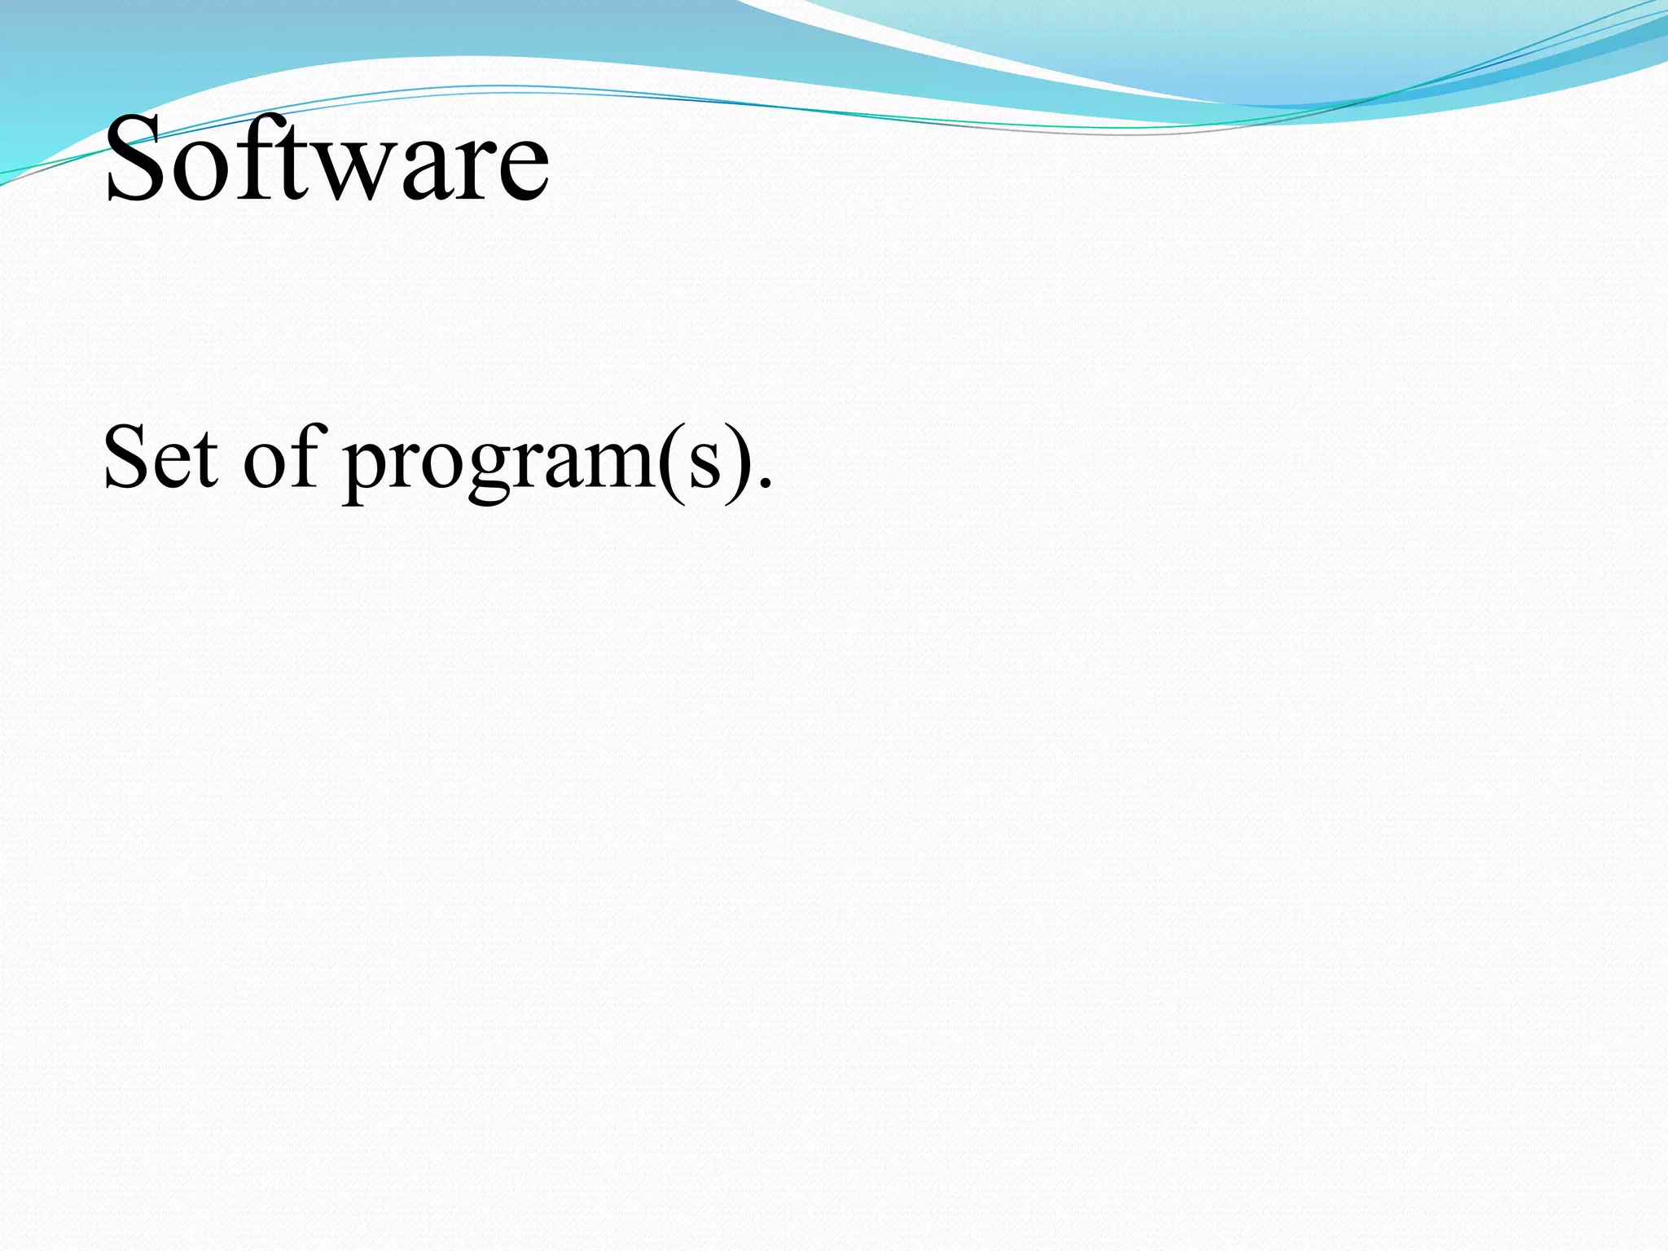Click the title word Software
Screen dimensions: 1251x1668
click(x=327, y=159)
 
